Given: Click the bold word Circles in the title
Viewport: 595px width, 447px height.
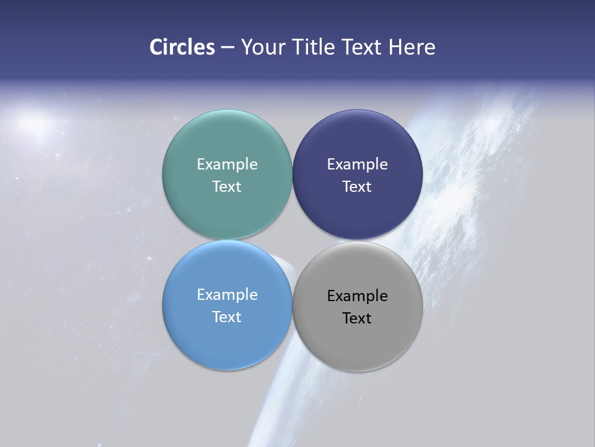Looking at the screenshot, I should click(182, 47).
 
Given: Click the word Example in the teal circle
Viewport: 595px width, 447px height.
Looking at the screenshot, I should click(227, 165).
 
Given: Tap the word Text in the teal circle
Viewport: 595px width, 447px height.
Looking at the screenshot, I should click(227, 187).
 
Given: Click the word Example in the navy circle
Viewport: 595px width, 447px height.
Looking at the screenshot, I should click(357, 165).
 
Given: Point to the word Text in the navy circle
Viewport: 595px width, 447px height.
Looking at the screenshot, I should click(357, 187).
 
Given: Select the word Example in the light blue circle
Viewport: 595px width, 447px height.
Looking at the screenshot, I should click(227, 295).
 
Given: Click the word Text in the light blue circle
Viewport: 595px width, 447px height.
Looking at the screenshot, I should click(227, 317).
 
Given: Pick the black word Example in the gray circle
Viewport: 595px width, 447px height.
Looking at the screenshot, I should click(357, 296).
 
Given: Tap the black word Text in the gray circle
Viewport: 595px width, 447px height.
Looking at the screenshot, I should click(357, 318).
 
